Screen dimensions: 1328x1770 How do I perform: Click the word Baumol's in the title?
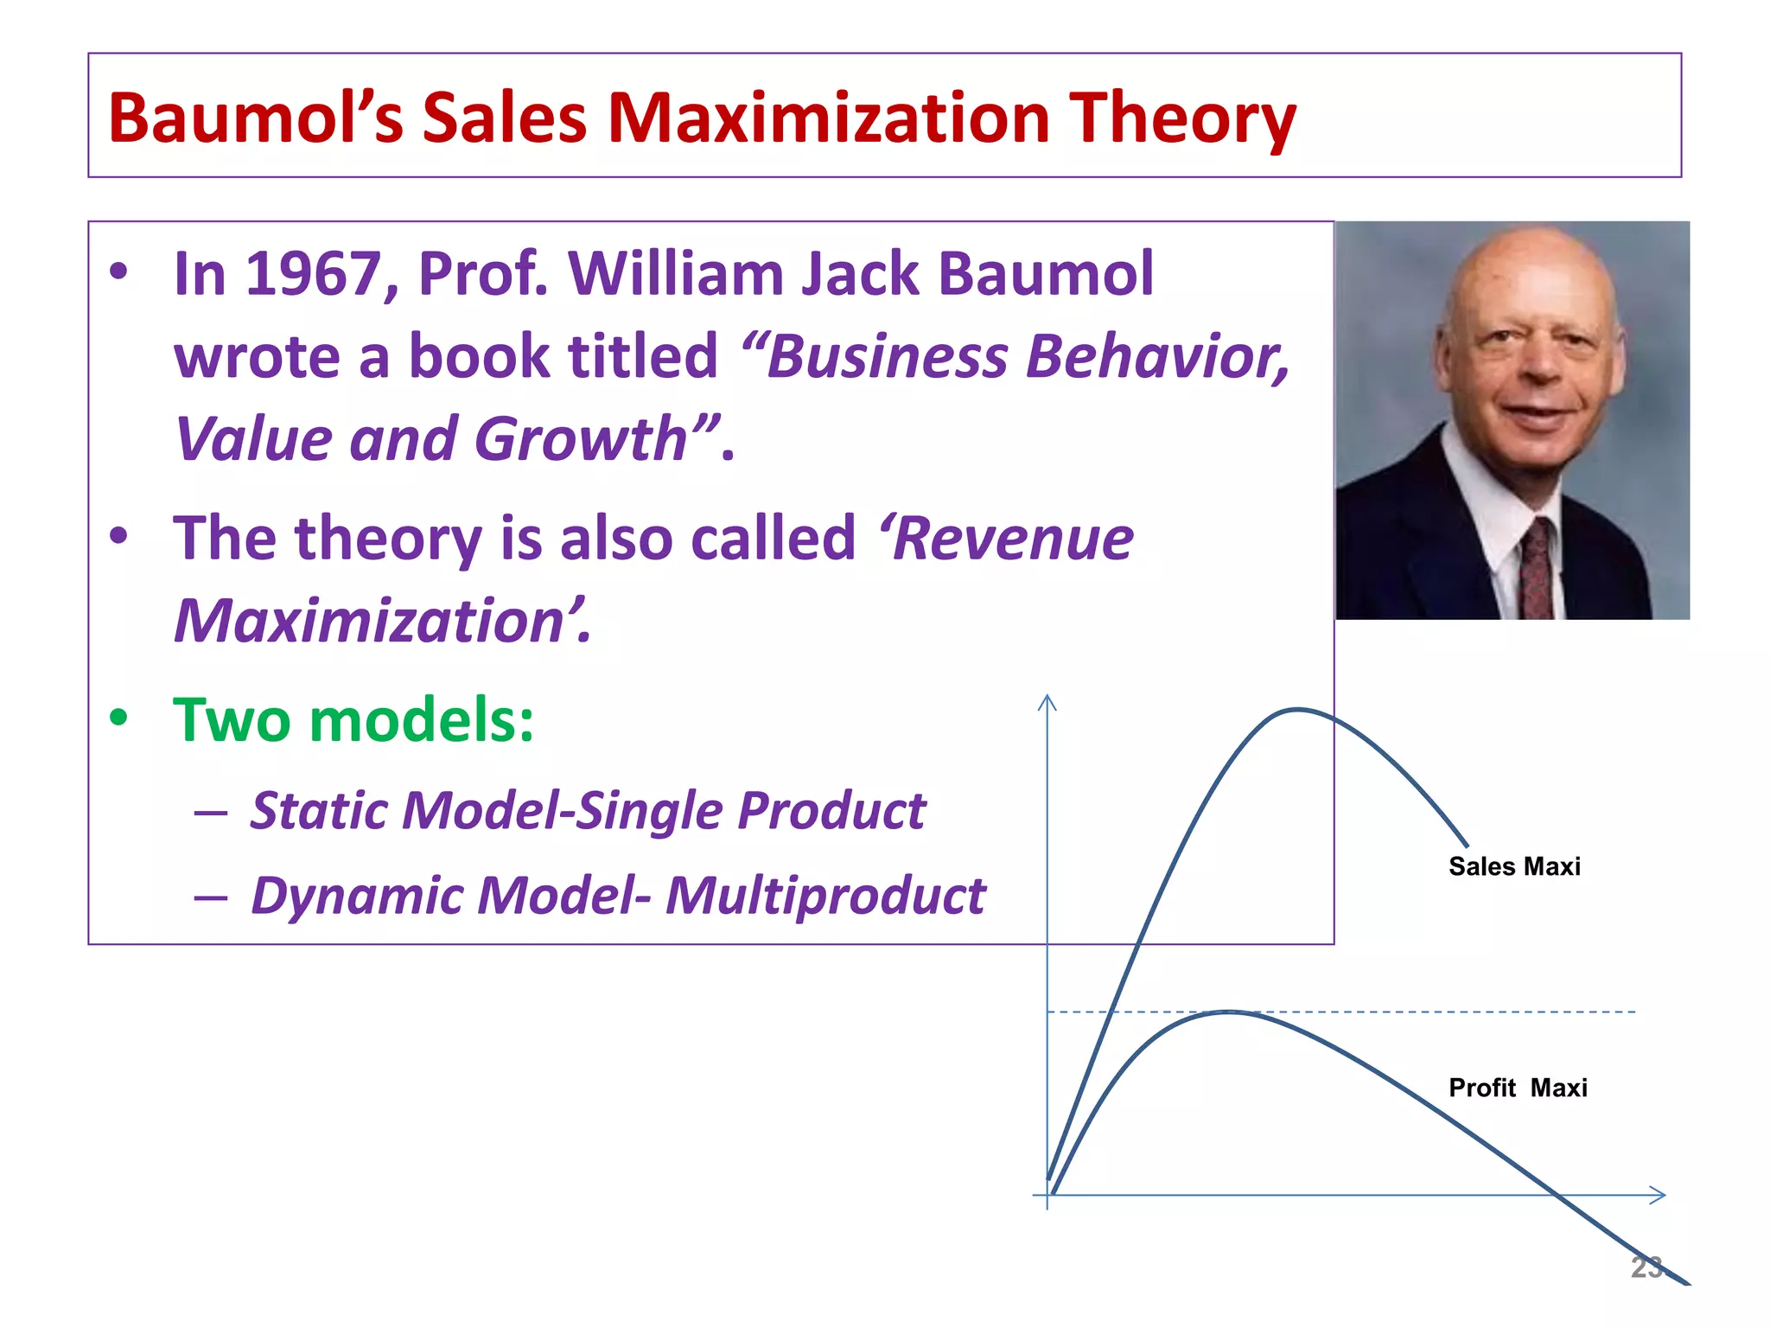pos(255,118)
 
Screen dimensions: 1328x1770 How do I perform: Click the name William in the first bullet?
pos(674,274)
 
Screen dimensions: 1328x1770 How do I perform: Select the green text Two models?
pos(353,719)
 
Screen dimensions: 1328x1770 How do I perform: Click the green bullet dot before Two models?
pos(119,718)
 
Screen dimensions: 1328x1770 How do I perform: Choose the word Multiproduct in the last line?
pos(825,895)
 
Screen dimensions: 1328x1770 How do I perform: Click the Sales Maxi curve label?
pos(1514,866)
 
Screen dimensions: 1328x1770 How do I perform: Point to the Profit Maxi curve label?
pos(1518,1088)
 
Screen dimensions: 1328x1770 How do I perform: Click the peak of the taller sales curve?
pos(1297,710)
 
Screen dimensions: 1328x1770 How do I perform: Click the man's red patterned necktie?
pos(1537,571)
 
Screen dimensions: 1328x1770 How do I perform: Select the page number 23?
pos(1646,1267)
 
